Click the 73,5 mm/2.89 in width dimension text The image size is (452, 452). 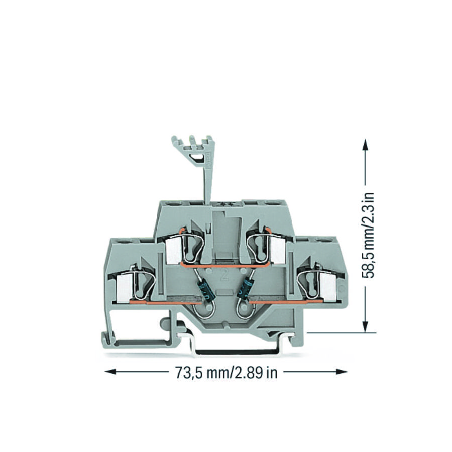click(226, 372)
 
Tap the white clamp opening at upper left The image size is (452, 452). click(172, 250)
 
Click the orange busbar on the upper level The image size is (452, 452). click(225, 263)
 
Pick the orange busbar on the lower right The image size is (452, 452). click(281, 302)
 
